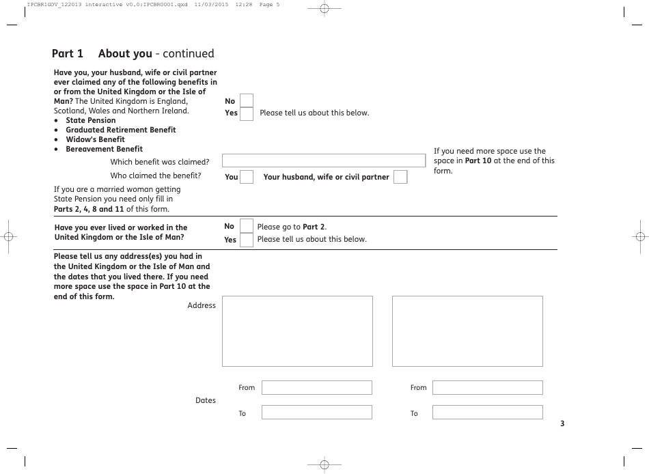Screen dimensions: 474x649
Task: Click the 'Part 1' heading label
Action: [x=68, y=54]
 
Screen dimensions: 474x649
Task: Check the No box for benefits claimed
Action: [x=247, y=101]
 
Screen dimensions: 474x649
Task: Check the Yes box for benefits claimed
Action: [x=247, y=113]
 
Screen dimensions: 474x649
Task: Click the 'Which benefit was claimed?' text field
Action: [x=324, y=161]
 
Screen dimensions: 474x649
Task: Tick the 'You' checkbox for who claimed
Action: [x=247, y=177]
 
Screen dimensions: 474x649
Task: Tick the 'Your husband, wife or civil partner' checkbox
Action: [x=400, y=177]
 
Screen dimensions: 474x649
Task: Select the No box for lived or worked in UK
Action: [x=246, y=227]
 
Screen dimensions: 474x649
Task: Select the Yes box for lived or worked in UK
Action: [x=246, y=240]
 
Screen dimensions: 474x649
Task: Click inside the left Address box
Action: [x=297, y=331]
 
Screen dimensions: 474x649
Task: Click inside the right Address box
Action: [x=467, y=331]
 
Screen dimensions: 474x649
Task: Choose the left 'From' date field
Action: [x=317, y=388]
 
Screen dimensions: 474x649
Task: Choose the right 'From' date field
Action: [x=487, y=388]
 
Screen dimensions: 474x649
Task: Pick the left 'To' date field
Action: [x=317, y=413]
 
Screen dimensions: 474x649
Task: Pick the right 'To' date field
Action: [x=487, y=413]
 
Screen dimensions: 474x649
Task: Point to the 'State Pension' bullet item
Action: [x=91, y=120]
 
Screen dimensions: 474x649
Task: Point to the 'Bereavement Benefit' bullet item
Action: [x=104, y=149]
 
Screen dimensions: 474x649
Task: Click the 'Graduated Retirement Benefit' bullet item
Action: [x=120, y=130]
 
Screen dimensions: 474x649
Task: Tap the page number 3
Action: [x=562, y=423]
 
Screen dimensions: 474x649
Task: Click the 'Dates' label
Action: [x=206, y=400]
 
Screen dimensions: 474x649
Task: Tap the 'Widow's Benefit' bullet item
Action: [x=95, y=139]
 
